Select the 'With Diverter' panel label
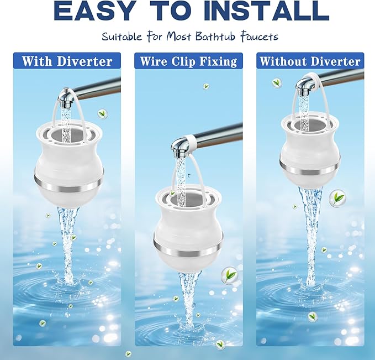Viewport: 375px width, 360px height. (x=67, y=61)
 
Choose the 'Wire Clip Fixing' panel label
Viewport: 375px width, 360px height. (x=188, y=61)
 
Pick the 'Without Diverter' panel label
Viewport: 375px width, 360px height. (x=310, y=61)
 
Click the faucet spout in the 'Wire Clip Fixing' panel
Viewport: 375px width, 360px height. (x=181, y=147)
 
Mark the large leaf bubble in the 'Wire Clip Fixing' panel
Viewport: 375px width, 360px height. (x=228, y=274)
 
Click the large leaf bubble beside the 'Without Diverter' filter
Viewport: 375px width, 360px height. (x=337, y=197)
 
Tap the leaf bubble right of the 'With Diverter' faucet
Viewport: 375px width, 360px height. (x=102, y=113)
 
